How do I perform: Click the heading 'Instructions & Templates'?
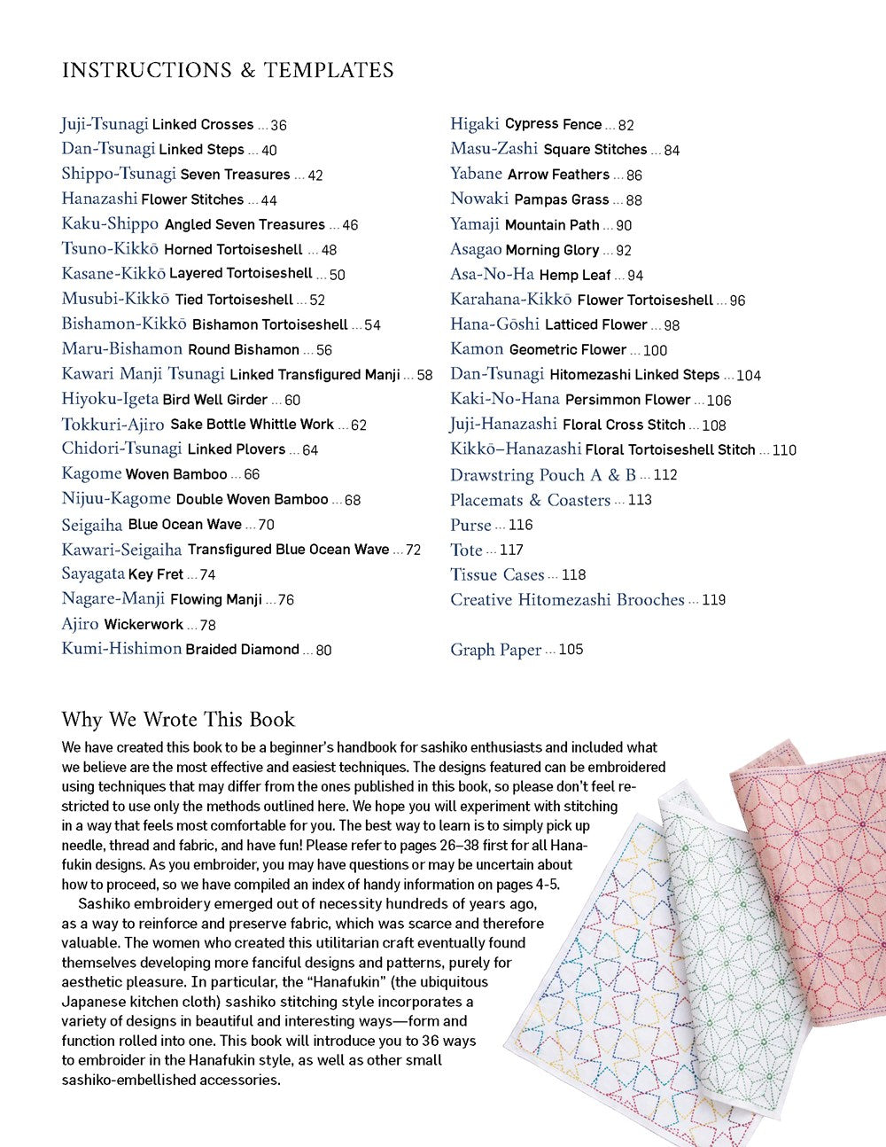228,70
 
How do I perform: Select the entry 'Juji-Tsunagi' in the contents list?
105,124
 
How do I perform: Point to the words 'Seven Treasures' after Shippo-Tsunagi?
235,175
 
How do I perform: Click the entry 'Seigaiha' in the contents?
92,525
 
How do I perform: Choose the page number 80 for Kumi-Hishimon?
323,650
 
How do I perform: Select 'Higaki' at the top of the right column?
475,124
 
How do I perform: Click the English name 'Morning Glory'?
552,250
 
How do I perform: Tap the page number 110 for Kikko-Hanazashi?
784,450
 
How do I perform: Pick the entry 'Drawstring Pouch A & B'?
542,475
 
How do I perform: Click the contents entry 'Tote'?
466,550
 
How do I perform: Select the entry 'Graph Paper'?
495,650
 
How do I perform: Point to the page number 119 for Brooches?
713,600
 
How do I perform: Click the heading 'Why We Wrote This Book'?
178,719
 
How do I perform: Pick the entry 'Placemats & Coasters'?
530,500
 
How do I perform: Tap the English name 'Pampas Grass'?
561,199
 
